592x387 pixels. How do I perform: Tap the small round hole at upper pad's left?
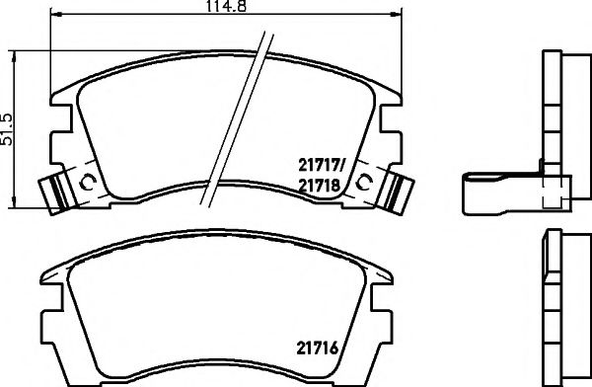pyautogui.click(x=87, y=182)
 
